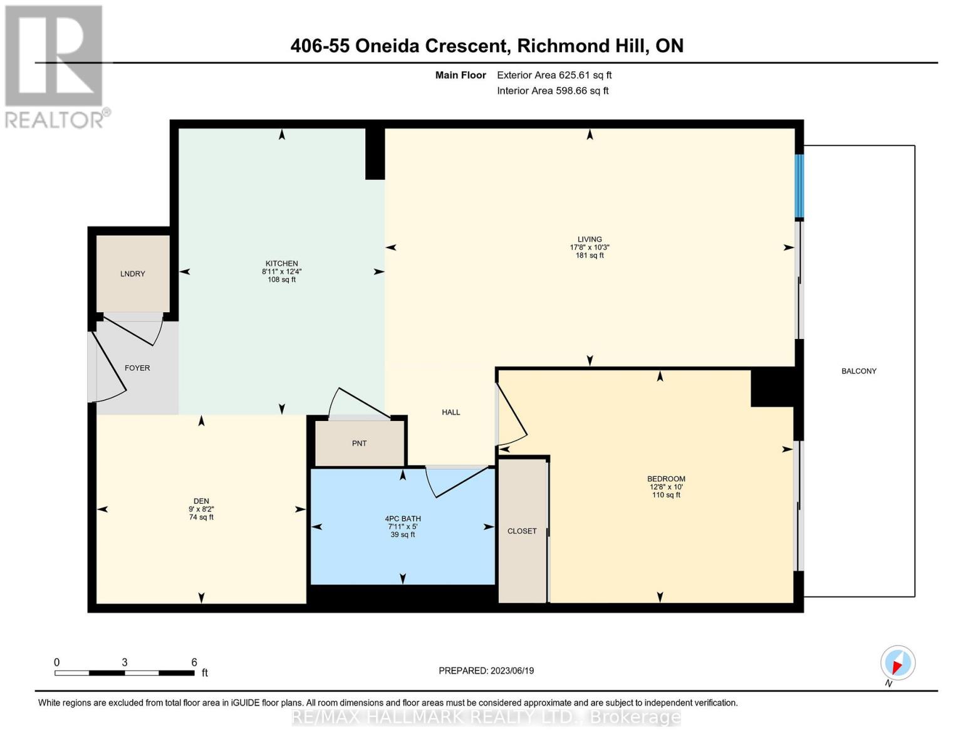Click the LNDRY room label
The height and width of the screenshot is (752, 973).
(133, 274)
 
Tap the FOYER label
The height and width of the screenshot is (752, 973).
(137, 368)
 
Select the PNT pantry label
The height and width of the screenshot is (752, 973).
(359, 444)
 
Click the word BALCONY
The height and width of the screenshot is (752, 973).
(859, 371)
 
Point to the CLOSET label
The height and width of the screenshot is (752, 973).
(522, 531)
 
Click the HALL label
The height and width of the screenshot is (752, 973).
(451, 412)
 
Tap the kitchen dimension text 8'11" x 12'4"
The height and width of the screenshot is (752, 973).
(282, 271)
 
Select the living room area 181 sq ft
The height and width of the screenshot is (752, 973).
(590, 255)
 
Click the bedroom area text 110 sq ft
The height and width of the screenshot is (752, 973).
(666, 495)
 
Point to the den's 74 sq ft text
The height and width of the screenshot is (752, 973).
(201, 517)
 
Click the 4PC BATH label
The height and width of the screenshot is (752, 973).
(402, 519)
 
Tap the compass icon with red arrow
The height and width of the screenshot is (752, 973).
(898, 663)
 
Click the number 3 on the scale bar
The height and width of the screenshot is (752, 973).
(125, 662)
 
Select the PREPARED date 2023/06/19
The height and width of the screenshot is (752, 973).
(512, 671)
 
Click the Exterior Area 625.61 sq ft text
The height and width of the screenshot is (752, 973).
(554, 75)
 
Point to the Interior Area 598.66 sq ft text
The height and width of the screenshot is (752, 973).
(553, 91)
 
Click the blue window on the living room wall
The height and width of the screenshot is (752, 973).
(799, 186)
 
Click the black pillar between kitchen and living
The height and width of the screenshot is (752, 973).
(375, 154)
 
